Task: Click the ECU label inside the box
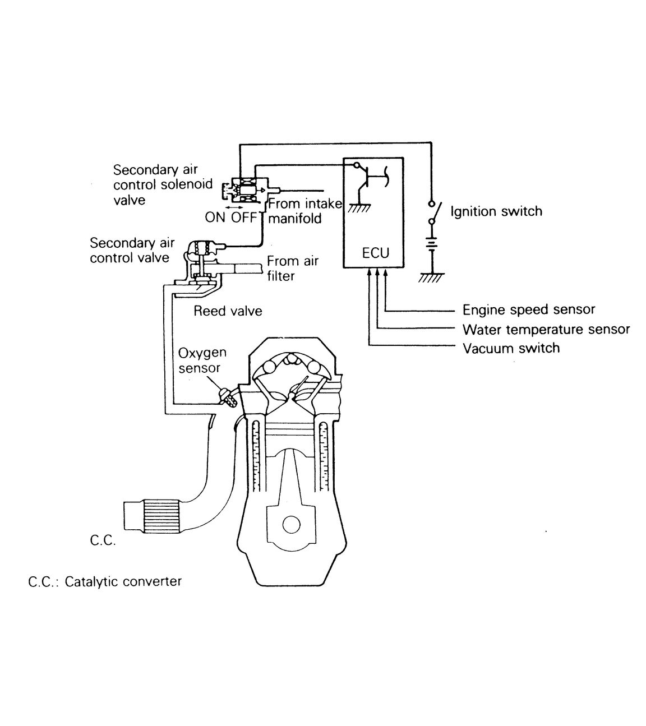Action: (x=375, y=253)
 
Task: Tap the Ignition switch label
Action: (x=496, y=211)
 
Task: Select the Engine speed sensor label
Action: (x=528, y=309)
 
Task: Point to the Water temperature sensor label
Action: (x=546, y=329)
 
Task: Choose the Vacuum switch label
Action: (x=511, y=348)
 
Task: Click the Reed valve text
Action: (x=228, y=311)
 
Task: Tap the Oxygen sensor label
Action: (x=202, y=360)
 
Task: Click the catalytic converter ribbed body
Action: (x=161, y=515)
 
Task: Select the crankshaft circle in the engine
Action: (x=292, y=525)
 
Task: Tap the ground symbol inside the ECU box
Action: (x=358, y=208)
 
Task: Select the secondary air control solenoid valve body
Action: (x=247, y=190)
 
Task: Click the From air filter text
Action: (x=292, y=268)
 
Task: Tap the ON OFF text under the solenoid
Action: (x=230, y=218)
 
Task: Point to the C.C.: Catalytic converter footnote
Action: (x=105, y=581)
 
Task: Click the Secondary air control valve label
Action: (x=131, y=250)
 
